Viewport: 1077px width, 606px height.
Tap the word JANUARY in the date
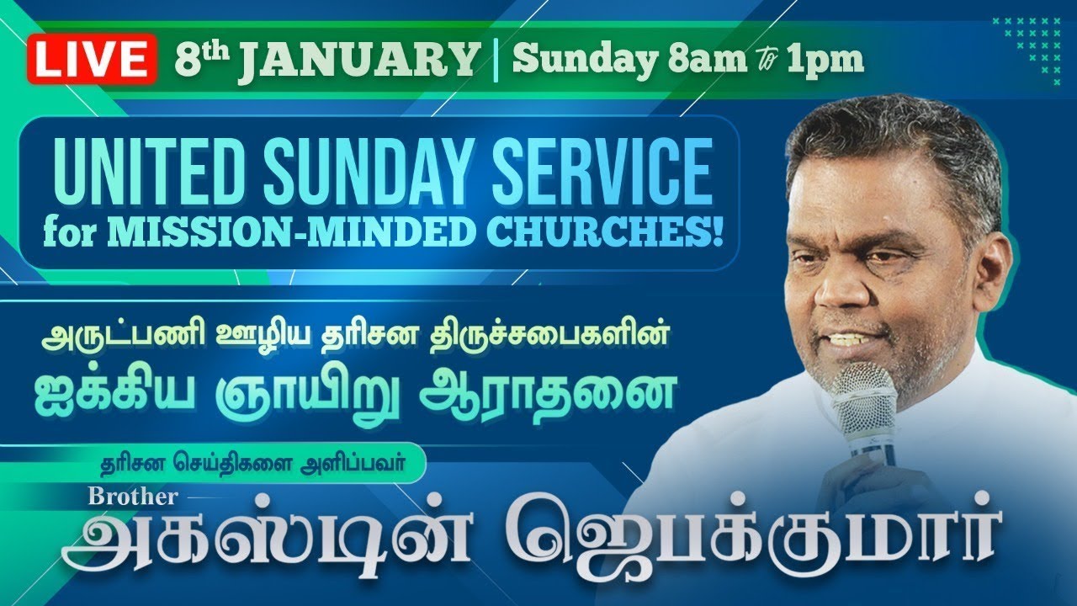point(357,61)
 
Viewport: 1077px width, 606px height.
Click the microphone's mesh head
point(864,396)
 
